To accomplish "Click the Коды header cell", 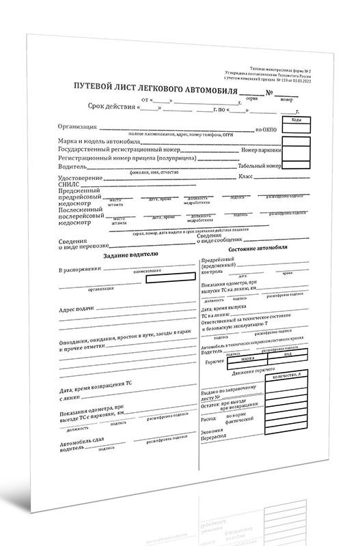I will point(296,120).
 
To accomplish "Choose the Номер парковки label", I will point(260,149).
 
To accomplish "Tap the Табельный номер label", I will point(257,166).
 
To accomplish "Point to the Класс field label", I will point(245,177).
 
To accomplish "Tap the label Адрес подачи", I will point(80,308).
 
